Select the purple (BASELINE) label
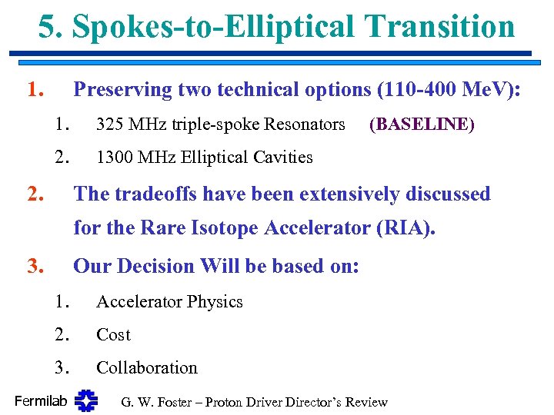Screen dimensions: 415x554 422,124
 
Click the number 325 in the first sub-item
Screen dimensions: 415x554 111,124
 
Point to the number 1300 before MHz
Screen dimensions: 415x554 115,158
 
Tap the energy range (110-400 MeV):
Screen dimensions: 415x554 449,90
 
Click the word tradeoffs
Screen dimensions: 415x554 155,194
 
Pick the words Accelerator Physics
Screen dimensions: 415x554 169,302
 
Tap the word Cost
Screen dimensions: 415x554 113,335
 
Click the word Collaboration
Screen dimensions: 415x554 146,368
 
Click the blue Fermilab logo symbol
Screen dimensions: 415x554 86,400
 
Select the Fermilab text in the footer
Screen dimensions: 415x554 42,401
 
